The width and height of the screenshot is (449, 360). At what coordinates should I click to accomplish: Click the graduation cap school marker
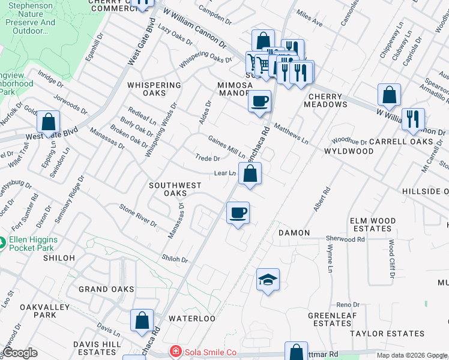[268, 280]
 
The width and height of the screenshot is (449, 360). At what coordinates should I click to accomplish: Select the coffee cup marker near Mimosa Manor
[259, 101]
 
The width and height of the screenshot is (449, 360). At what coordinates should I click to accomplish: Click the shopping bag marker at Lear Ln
[250, 174]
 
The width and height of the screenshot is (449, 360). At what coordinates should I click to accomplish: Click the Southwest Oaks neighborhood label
[175, 189]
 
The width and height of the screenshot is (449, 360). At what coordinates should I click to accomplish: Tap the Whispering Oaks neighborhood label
[154, 89]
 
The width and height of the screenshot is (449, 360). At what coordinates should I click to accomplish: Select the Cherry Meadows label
[327, 100]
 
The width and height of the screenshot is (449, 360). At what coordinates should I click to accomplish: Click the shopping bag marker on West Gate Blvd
[48, 122]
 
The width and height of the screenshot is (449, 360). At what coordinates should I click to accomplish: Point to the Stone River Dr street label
[138, 215]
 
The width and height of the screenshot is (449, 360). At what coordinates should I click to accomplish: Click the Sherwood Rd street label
[345, 239]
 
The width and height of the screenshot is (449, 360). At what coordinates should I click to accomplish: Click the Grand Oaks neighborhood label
[106, 289]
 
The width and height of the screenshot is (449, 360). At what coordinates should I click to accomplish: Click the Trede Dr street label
[208, 158]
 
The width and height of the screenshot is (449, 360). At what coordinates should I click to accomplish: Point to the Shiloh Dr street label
[175, 260]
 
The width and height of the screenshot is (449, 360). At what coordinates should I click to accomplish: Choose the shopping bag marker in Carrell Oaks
[389, 95]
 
